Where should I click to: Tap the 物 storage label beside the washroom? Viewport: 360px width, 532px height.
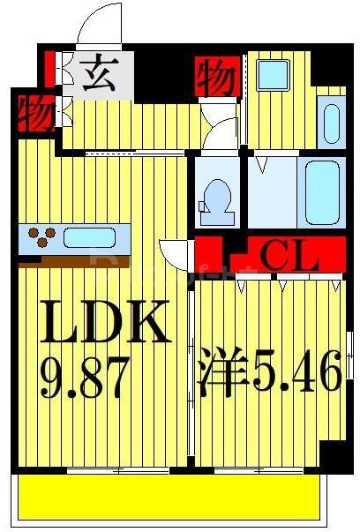[x=214, y=78]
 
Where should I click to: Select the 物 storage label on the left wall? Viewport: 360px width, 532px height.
[x=33, y=113]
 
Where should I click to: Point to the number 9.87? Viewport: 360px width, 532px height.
[x=86, y=377]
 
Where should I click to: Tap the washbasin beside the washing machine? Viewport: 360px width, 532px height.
[x=330, y=124]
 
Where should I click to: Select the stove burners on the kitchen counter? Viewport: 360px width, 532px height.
[x=41, y=236]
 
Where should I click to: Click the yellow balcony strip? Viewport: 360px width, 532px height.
[x=171, y=498]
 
